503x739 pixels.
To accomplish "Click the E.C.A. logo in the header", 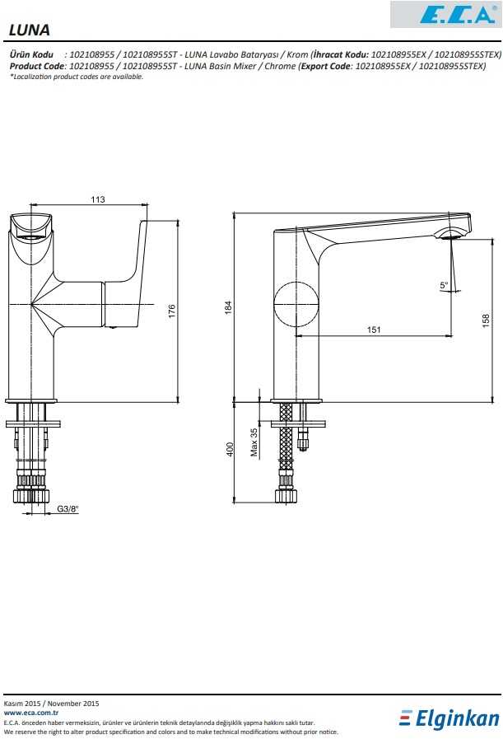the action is click(x=445, y=14).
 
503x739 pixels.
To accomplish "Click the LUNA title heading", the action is click(x=29, y=30).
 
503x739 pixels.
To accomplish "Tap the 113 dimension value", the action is click(x=98, y=199).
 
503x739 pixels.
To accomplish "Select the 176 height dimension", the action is click(x=172, y=311).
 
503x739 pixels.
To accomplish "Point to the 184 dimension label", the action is click(x=228, y=308).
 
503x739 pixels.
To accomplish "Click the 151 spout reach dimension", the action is click(x=374, y=330).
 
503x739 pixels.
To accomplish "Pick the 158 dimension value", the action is click(x=486, y=320).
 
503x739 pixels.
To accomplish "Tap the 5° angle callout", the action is click(x=444, y=285).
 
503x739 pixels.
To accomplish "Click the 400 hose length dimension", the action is click(x=230, y=449).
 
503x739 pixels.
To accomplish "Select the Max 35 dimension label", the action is click(x=254, y=442).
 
